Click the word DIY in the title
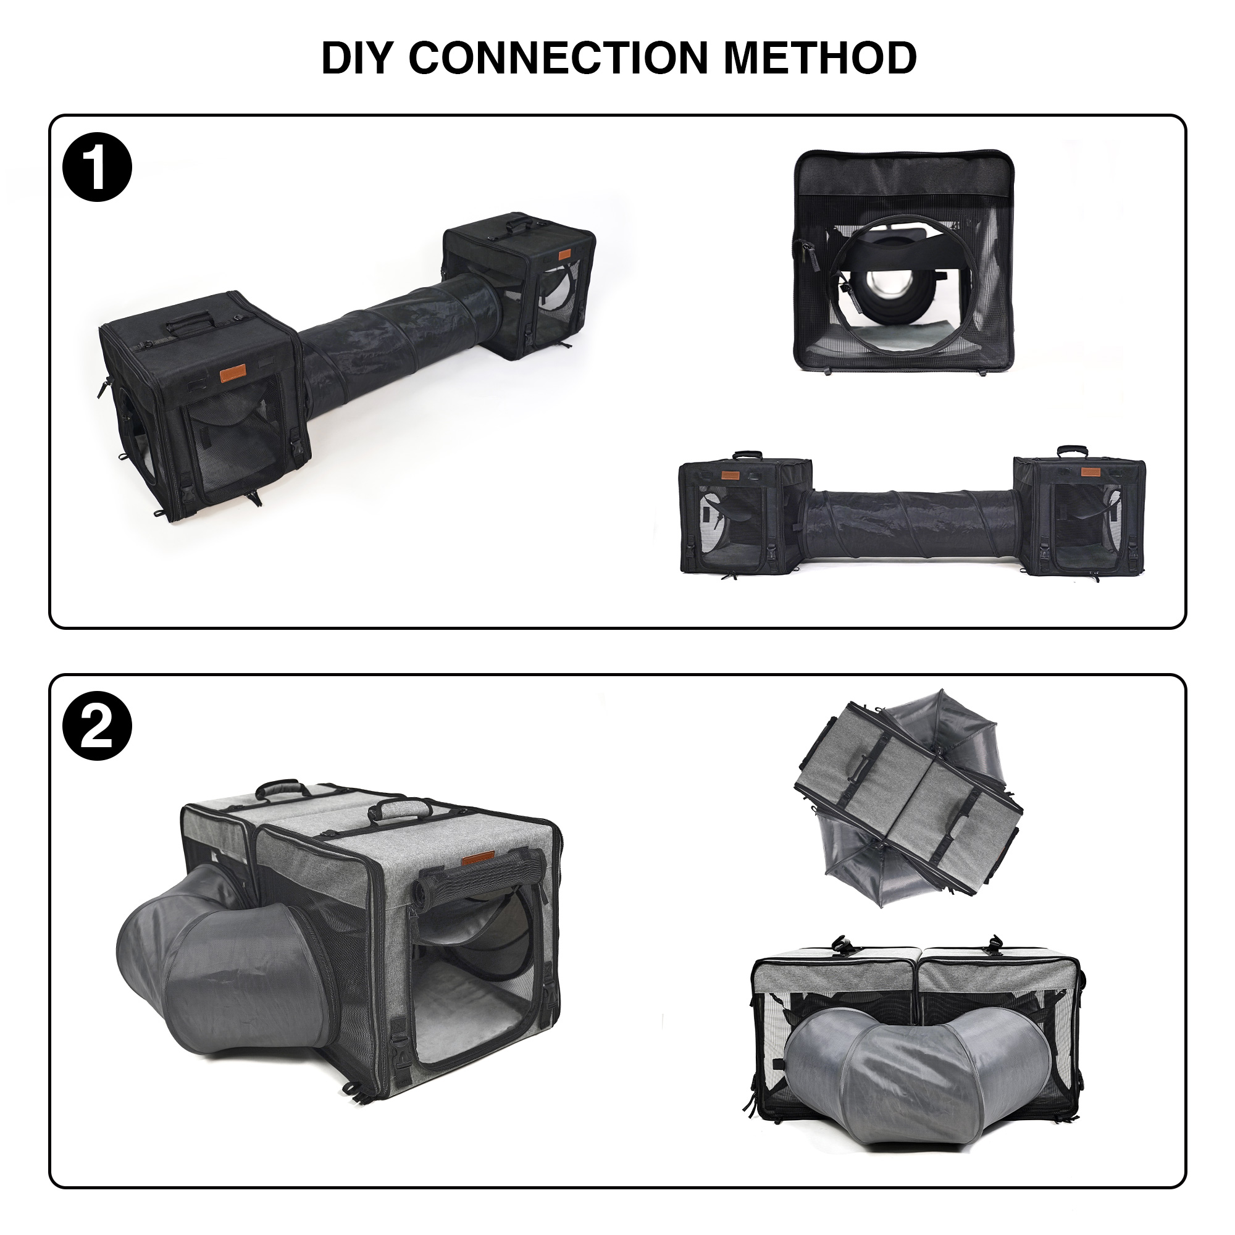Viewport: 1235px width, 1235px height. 359,58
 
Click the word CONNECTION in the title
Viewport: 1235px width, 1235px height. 558,58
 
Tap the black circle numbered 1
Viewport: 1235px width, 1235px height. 96,168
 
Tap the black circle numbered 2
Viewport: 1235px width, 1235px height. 96,727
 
